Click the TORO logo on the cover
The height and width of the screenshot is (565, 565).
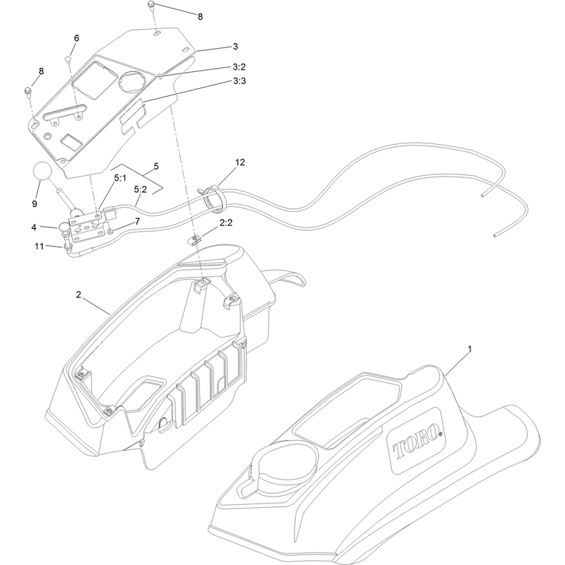coord(417,442)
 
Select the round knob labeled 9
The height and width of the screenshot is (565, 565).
coord(43,170)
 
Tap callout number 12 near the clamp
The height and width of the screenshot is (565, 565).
coord(239,162)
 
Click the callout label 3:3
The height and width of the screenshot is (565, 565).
coord(239,81)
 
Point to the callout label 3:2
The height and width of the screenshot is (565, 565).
coord(239,67)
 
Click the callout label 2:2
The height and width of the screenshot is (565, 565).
coord(225,223)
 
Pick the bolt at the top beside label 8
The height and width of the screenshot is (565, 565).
coord(151,5)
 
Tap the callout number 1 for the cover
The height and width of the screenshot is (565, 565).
coord(470,349)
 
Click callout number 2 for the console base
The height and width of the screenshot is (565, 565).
coord(78,295)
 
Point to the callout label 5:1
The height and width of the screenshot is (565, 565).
coord(120,178)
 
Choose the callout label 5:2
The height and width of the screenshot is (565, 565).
coord(140,189)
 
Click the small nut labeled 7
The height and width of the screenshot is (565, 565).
coord(110,231)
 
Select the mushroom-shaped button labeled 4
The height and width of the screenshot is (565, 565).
coord(64,228)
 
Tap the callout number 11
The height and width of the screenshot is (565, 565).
coord(39,246)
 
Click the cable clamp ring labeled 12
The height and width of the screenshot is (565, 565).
coord(213,197)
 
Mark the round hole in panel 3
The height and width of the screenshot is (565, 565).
coord(131,81)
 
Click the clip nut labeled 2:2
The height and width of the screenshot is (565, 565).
coord(194,239)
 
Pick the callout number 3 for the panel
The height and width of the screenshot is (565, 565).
coord(235,47)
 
